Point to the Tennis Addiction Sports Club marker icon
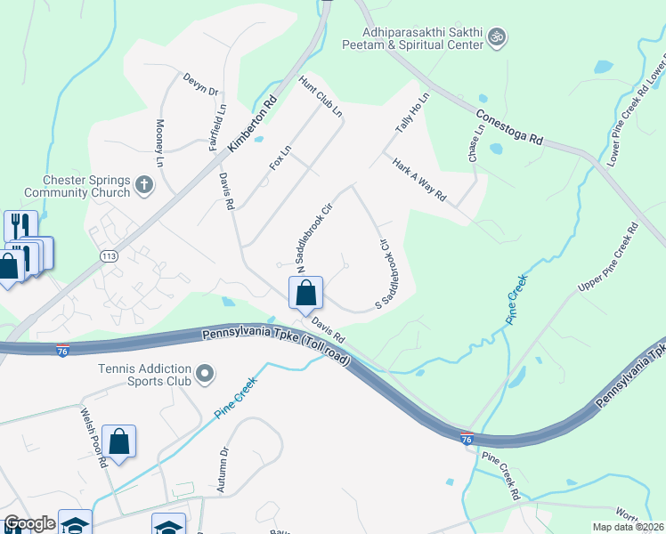pyautogui.click(x=206, y=374)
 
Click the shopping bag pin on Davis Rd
pyautogui.click(x=305, y=292)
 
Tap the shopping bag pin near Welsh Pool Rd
pyautogui.click(x=118, y=441)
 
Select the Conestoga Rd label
pyautogui.click(x=508, y=127)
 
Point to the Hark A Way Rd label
pyautogui.click(x=418, y=179)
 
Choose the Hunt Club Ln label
pyautogui.click(x=321, y=96)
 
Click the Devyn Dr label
pyautogui.click(x=200, y=85)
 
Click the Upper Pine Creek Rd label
pyautogui.click(x=608, y=258)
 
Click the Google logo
pyautogui.click(x=29, y=523)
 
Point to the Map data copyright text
pyautogui.click(x=629, y=527)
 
